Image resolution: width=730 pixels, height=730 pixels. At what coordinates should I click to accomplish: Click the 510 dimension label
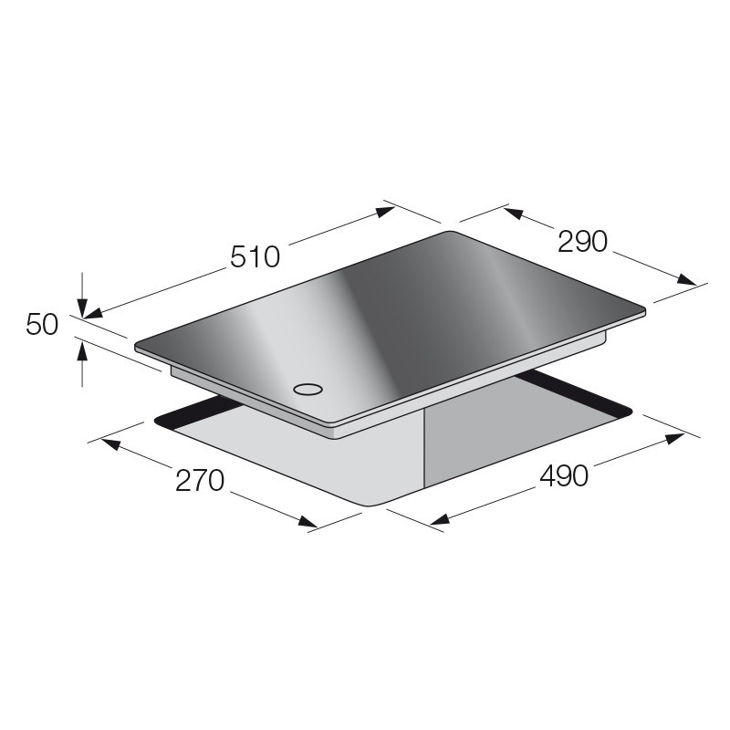(x=255, y=257)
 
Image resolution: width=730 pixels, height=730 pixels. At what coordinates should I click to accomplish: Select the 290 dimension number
(x=582, y=242)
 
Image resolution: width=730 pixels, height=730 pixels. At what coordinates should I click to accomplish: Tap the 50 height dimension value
(x=42, y=325)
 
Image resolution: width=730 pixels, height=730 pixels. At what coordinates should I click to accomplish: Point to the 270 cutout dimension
(x=200, y=481)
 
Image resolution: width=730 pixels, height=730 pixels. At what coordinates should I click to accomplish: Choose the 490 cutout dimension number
(x=564, y=475)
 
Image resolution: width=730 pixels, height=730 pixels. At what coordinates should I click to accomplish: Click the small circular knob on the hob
(x=308, y=389)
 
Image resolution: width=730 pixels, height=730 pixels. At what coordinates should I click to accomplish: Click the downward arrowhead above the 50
(x=82, y=308)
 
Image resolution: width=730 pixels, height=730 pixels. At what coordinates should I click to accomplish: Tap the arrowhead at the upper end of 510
(x=385, y=212)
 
